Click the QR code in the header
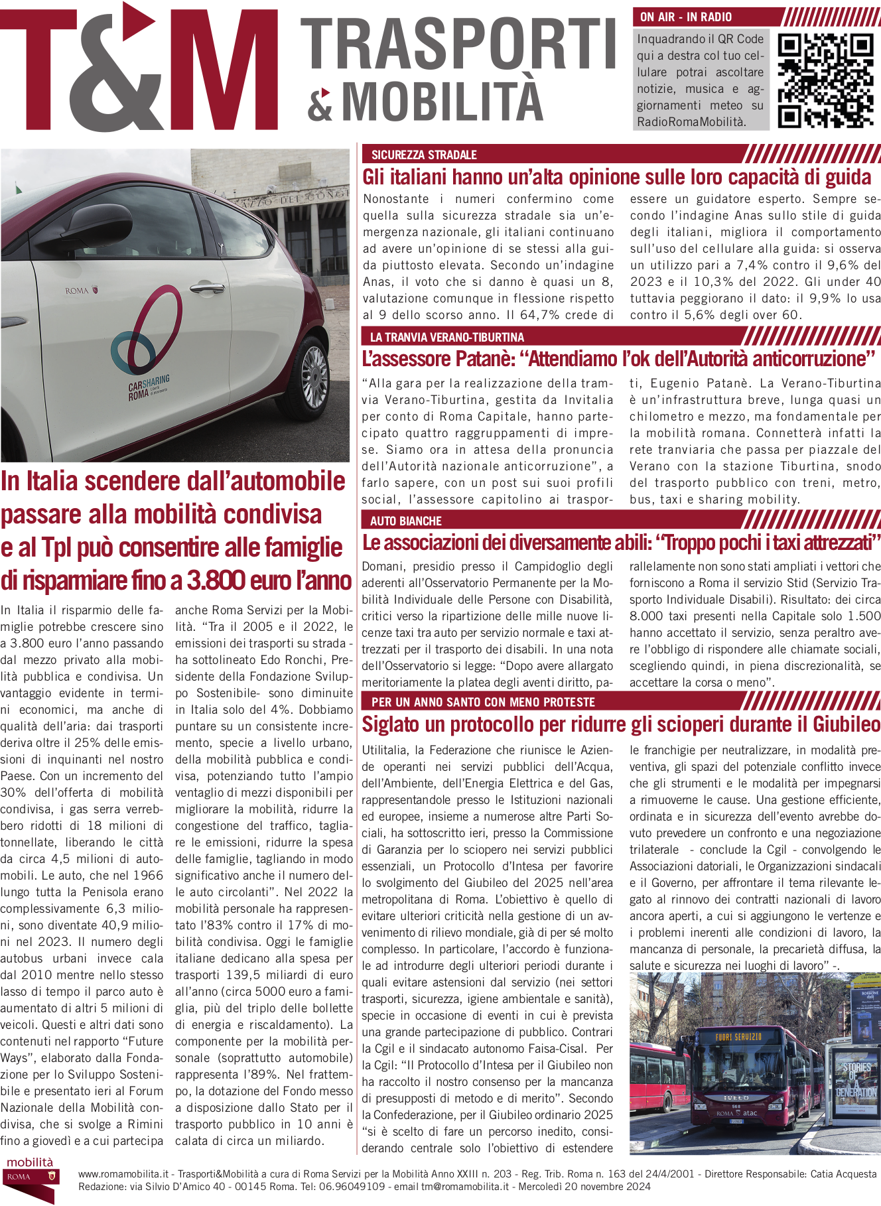pos(825,80)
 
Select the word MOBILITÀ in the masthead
pos(442,100)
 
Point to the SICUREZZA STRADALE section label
pos(424,155)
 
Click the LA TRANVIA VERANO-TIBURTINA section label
pos(447,337)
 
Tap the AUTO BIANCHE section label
pos(405,521)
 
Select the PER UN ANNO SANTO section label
pos(483,702)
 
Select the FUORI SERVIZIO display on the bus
pos(738,1036)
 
